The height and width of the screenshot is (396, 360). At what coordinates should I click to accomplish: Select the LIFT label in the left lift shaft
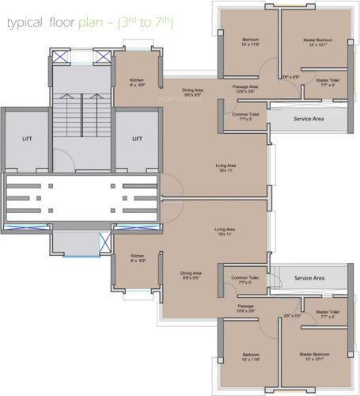click(x=26, y=138)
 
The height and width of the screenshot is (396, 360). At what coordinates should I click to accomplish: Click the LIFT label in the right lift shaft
click(x=137, y=138)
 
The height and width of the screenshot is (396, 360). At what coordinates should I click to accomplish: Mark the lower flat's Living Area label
click(x=226, y=230)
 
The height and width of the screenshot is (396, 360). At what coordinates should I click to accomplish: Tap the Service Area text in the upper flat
click(x=309, y=119)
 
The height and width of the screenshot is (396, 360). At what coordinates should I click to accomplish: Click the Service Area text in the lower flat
click(x=309, y=278)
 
